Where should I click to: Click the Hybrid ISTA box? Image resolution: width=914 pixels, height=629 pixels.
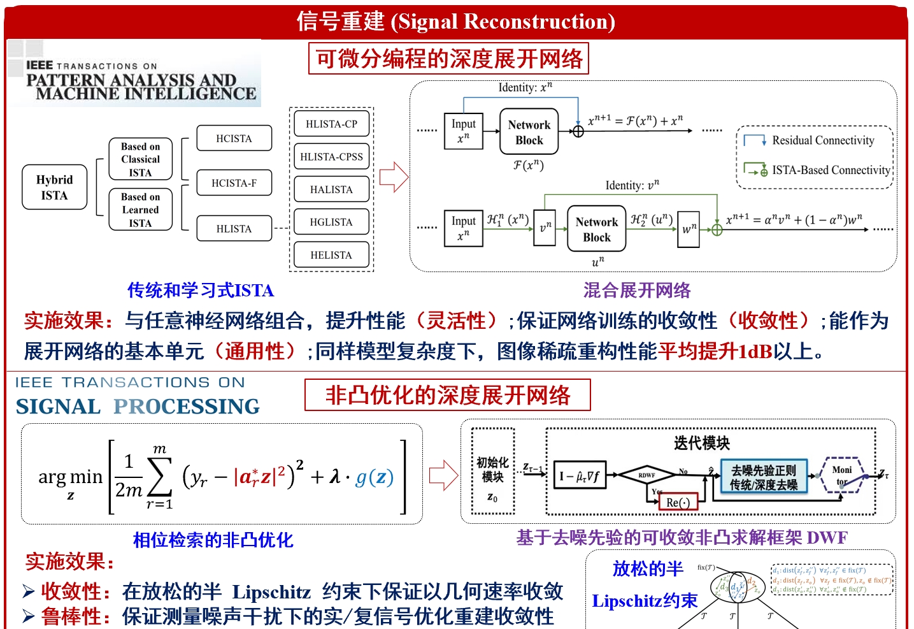54,187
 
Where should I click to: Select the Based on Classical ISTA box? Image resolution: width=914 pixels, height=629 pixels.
140,159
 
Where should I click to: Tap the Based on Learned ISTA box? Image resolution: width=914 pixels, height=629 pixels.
140,210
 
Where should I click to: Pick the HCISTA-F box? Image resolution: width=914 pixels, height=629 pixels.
234,183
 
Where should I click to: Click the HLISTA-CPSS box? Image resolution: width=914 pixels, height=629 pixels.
331,157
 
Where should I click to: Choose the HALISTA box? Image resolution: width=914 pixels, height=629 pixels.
331,189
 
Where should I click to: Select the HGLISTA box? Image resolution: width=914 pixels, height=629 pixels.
331,222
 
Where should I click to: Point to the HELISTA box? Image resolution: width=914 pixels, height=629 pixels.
331,255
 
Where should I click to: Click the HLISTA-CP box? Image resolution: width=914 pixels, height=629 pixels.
331,124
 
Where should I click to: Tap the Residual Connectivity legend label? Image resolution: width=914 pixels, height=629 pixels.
823,140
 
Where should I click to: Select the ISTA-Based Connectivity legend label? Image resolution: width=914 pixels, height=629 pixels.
831,170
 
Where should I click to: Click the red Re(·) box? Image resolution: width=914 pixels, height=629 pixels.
678,502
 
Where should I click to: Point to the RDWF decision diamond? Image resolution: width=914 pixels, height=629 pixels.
646,475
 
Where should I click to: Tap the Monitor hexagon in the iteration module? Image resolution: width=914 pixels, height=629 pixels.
842,475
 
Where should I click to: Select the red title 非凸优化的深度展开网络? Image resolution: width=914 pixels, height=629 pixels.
448,396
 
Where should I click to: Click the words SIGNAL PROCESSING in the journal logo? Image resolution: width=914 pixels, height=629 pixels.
138,407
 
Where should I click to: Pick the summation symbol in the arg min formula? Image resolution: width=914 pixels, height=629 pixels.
159,477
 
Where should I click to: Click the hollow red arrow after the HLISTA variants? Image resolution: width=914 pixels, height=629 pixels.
394,177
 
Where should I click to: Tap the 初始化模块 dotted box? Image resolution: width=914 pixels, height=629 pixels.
492,471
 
